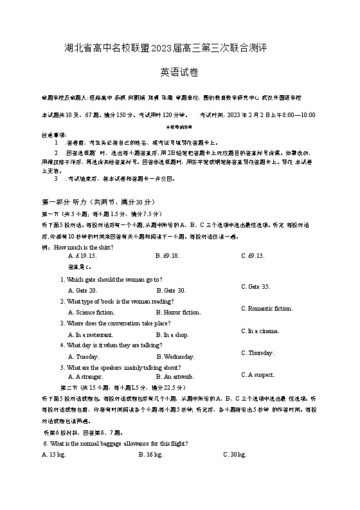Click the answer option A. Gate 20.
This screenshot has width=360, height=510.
point(82,291)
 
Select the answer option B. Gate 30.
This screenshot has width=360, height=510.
point(171,291)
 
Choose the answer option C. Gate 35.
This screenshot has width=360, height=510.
point(255,286)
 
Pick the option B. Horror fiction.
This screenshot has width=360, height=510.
point(178,313)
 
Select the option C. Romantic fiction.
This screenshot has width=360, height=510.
point(267,309)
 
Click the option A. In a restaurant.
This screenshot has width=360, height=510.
point(91,334)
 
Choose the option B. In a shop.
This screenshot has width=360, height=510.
point(172,334)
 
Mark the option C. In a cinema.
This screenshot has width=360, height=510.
point(260,331)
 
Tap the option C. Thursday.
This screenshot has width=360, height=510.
point(258,352)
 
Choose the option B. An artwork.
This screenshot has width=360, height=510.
point(175,377)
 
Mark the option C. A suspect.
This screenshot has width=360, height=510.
point(258,374)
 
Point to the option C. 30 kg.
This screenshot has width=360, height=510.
point(235,455)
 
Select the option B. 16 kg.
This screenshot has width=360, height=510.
point(150,455)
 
